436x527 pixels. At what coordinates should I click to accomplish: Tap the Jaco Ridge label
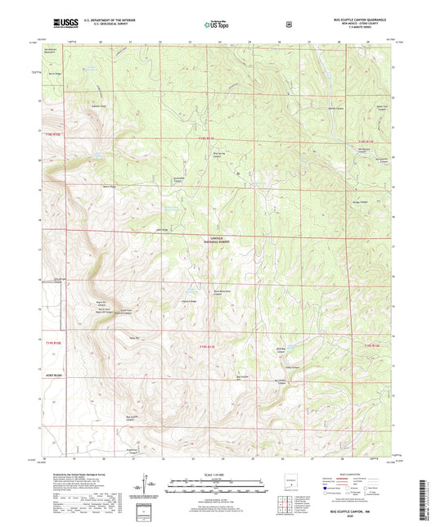point(162,230)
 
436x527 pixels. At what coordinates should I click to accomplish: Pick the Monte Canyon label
point(335,108)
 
